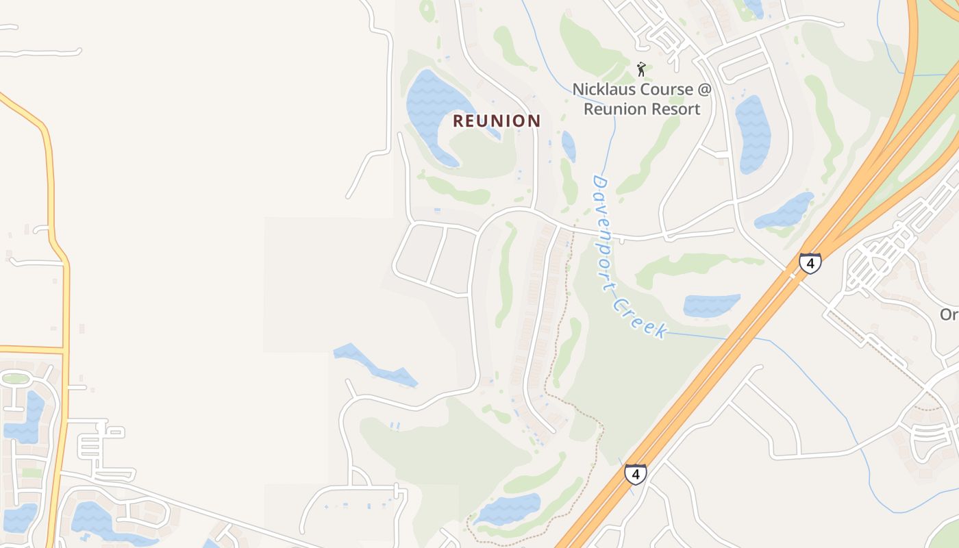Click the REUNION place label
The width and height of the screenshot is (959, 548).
pyautogui.click(x=497, y=121)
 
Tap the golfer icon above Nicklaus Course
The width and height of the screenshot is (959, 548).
pyautogui.click(x=641, y=69)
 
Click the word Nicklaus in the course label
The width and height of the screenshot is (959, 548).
pyautogui.click(x=603, y=90)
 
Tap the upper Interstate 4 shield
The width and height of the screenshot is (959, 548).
pyautogui.click(x=810, y=263)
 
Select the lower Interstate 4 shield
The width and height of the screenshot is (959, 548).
pyautogui.click(x=635, y=474)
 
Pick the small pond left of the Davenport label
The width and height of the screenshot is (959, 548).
pyautogui.click(x=569, y=146)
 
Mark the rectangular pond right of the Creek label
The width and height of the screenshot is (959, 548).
pyautogui.click(x=712, y=305)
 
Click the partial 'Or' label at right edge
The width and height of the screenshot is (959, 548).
pyautogui.click(x=949, y=314)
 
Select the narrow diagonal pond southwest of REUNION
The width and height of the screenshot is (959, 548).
pyautogui.click(x=375, y=364)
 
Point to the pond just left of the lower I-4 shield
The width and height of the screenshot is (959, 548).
pyautogui.click(x=508, y=510)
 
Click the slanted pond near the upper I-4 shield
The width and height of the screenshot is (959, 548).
pyautogui.click(x=785, y=212)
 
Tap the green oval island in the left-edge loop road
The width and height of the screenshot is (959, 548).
pyautogui.click(x=15, y=378)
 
